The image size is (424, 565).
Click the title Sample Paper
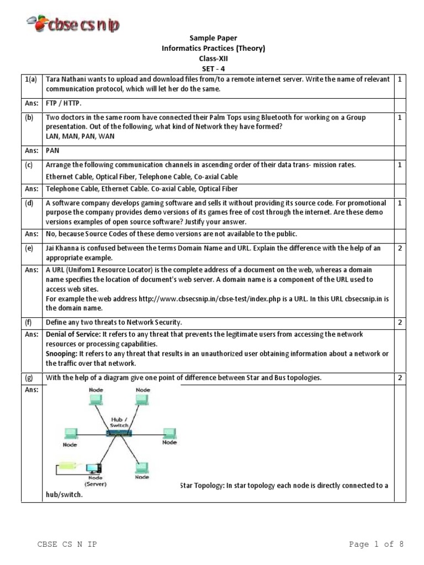(x=213, y=38)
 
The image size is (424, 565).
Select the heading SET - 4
(x=213, y=68)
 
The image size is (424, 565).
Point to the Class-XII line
(x=213, y=58)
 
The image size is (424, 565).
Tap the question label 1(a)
(x=31, y=80)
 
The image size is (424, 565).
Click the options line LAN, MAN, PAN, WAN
(x=80, y=136)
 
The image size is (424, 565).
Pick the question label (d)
(x=29, y=204)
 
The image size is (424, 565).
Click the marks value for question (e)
(x=400, y=248)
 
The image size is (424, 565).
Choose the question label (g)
(x=29, y=378)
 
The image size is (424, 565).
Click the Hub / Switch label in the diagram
(x=118, y=422)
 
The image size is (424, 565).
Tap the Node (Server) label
(x=96, y=481)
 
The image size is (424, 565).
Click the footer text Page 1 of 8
(x=377, y=545)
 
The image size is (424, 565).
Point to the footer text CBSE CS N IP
(x=67, y=545)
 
